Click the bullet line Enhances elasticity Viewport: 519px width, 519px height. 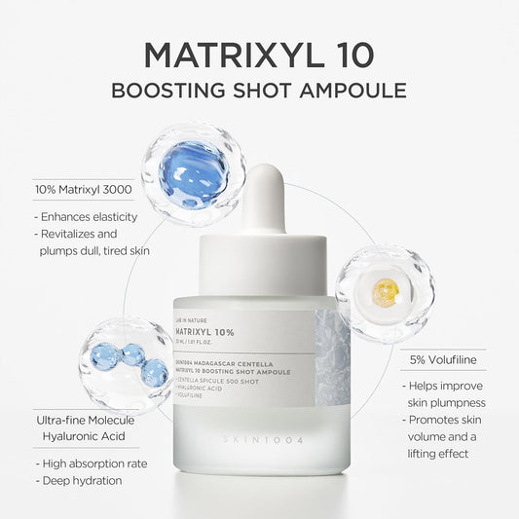pos(87,216)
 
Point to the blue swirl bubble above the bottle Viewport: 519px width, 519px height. pos(193,172)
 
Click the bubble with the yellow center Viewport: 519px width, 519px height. pos(386,292)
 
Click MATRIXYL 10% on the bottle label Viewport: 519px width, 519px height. pos(205,332)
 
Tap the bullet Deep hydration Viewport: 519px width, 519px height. pos(79,481)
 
